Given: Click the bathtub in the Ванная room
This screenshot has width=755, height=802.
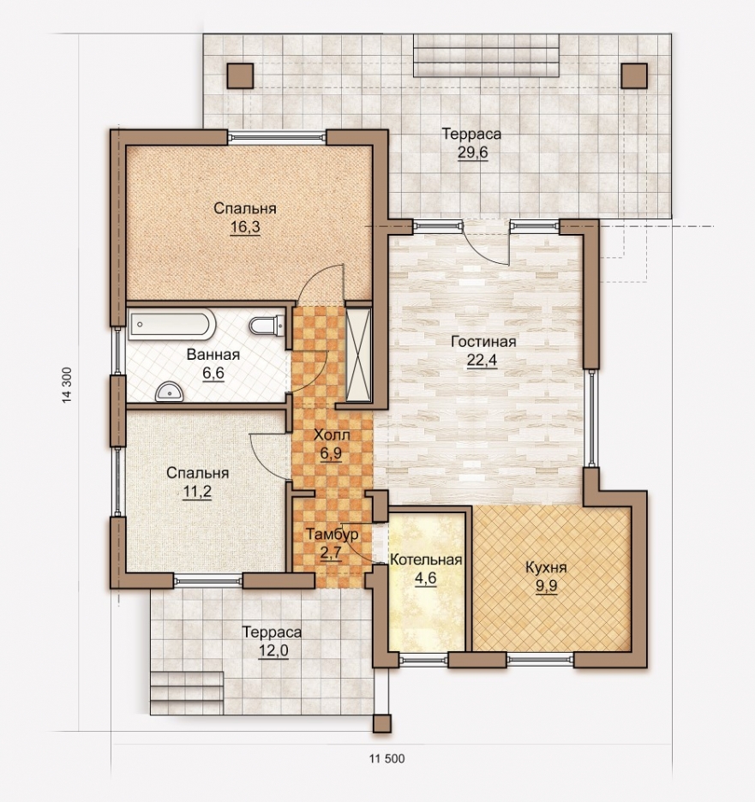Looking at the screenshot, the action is click(x=172, y=325).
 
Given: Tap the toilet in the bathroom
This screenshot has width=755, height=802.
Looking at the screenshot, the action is click(x=267, y=326).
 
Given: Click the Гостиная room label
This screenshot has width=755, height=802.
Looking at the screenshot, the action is click(x=483, y=341).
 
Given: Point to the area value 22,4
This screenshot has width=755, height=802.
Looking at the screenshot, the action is click(x=482, y=360).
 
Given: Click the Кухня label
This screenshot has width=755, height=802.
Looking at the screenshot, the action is click(x=546, y=567).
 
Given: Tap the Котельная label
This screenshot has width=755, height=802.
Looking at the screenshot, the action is click(x=426, y=560).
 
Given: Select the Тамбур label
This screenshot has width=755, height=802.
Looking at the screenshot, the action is click(x=332, y=535).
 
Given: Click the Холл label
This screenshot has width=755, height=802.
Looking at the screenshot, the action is click(x=332, y=435).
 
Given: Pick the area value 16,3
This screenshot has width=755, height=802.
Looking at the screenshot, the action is click(x=245, y=227).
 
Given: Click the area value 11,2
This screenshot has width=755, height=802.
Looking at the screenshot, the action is click(x=197, y=492).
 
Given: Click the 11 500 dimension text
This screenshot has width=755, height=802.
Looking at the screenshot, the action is click(x=386, y=758).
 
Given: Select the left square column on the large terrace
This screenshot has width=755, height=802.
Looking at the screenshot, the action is click(x=241, y=76).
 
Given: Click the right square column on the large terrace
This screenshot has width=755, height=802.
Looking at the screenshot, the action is click(x=634, y=76).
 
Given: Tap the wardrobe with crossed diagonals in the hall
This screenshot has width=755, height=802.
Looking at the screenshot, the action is click(x=358, y=354).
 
